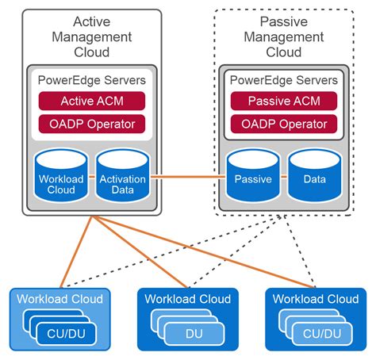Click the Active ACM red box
click(x=94, y=101)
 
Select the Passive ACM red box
click(x=284, y=101)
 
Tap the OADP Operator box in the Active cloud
click(x=94, y=124)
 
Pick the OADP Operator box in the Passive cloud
click(x=284, y=124)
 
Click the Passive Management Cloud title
click(x=284, y=36)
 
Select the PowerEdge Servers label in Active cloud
click(x=94, y=80)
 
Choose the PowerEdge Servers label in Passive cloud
click(x=284, y=80)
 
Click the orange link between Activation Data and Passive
click(x=187, y=177)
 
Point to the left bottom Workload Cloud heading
click(x=60, y=299)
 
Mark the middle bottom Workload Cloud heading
click(x=188, y=299)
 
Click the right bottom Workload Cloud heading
click(x=315, y=299)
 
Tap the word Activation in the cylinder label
click(x=122, y=179)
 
